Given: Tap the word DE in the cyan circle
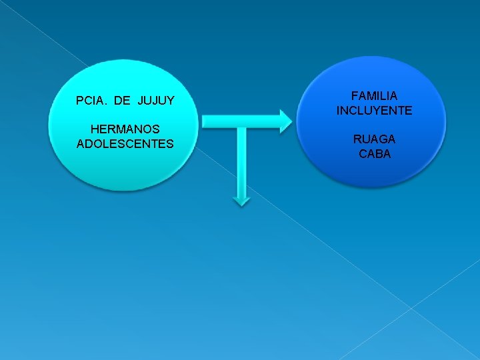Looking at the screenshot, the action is tap(122, 101).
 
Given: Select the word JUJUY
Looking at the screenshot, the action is tap(156, 101).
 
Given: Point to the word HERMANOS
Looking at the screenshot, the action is tap(125, 129).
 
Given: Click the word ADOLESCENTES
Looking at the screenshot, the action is tap(125, 143).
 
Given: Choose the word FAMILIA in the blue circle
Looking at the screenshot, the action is tap(374, 97).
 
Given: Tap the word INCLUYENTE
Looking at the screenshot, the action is tap(374, 111).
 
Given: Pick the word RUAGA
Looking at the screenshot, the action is tap(374, 139).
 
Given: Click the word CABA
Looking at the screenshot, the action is tap(374, 153).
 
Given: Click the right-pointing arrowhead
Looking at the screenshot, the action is tap(285, 121).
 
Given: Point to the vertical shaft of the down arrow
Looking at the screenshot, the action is tap(241, 160).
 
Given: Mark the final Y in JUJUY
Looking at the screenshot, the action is tap(171, 101).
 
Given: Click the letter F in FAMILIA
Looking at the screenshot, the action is tap(355, 97).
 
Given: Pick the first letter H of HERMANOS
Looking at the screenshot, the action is tap(94, 129).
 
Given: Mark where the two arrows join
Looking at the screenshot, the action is tap(241, 121).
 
